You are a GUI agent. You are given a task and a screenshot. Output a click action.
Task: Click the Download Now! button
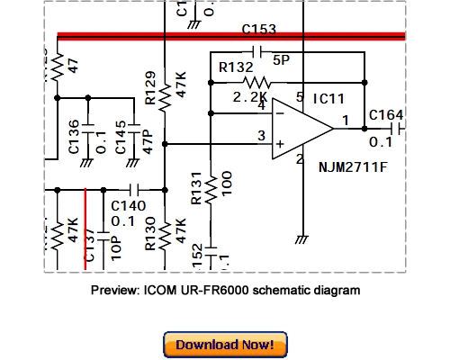pos(225,345)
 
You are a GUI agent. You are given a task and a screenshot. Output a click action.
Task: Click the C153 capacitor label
pos(259,30)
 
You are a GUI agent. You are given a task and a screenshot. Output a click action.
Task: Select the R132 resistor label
pos(236,67)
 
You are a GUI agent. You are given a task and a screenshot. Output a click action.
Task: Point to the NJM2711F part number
pos(354,167)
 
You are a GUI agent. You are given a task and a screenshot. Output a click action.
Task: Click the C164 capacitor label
pos(386,114)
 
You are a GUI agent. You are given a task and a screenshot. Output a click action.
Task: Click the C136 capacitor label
pos(75,135)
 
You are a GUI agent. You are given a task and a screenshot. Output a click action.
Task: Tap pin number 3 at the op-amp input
pos(261,135)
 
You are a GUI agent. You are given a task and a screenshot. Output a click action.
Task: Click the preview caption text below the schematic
pos(225,291)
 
